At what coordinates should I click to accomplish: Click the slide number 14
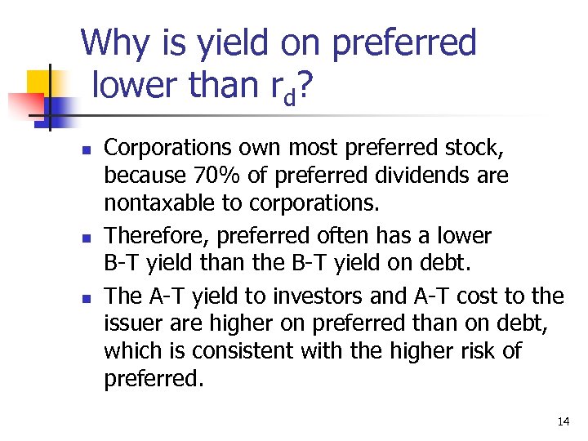(x=563, y=421)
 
